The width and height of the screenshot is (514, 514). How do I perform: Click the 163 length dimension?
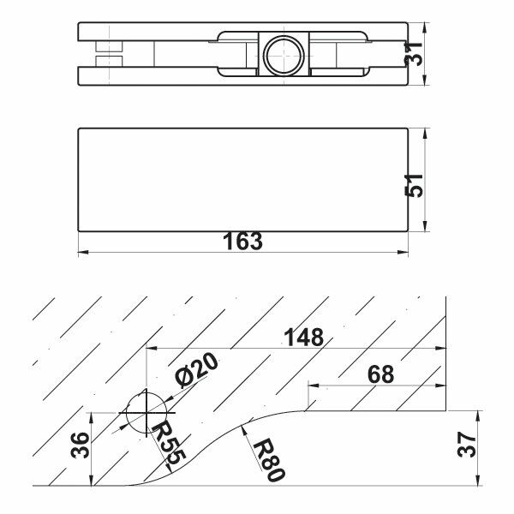click(x=242, y=242)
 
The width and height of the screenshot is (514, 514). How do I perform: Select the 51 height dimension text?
click(x=414, y=185)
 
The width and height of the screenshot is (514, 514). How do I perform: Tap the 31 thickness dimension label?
click(x=414, y=54)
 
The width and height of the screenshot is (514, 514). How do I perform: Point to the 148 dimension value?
click(x=304, y=337)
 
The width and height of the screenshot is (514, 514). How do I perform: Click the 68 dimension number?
click(x=380, y=374)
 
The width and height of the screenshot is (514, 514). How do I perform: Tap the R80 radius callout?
click(x=269, y=459)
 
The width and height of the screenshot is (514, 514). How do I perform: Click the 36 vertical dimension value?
click(x=80, y=445)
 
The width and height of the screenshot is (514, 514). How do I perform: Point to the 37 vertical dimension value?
click(x=467, y=445)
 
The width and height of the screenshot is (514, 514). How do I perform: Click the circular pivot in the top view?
click(x=284, y=54)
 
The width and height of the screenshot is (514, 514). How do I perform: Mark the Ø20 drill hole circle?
click(x=146, y=413)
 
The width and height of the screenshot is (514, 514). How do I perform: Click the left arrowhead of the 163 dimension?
click(x=83, y=253)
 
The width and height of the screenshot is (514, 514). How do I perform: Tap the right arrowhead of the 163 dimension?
click(x=403, y=253)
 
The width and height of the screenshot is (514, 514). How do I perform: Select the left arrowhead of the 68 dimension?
click(x=314, y=385)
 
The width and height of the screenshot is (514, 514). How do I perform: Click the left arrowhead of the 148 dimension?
click(x=152, y=348)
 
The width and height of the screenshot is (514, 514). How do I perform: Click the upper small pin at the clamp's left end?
click(x=109, y=46)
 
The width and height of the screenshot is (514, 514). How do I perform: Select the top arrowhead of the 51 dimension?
click(x=425, y=134)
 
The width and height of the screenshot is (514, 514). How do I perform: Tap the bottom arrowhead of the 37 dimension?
click(x=479, y=480)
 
